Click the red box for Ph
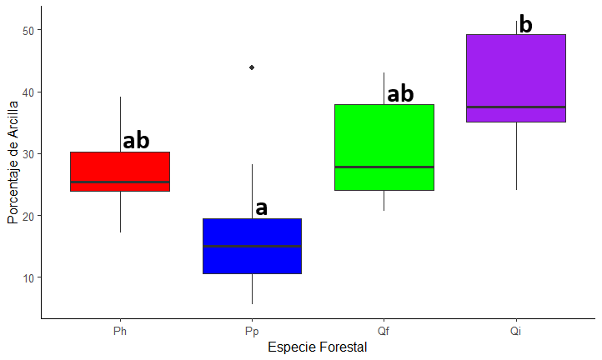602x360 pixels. pyautogui.click(x=120, y=172)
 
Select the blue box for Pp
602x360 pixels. pyautogui.click(x=252, y=246)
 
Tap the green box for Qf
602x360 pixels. pyautogui.click(x=384, y=147)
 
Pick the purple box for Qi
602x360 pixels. pyautogui.click(x=516, y=78)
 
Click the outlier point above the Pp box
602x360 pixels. pyautogui.click(x=252, y=67)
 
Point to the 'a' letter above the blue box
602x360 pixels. pyautogui.click(x=261, y=207)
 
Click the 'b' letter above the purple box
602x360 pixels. pyautogui.click(x=525, y=25)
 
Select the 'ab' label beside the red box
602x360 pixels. pyautogui.click(x=136, y=141)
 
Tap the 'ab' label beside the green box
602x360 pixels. pyautogui.click(x=400, y=94)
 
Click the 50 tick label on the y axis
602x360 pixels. pyautogui.click(x=27, y=31)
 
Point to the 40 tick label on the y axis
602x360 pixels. pyautogui.click(x=27, y=92)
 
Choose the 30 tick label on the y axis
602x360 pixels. pyautogui.click(x=27, y=154)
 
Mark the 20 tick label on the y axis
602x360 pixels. pyautogui.click(x=27, y=216)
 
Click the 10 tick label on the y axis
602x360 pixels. pyautogui.click(x=27, y=277)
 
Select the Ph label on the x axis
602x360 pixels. pyautogui.click(x=120, y=331)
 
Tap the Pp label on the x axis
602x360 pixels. pyautogui.click(x=252, y=331)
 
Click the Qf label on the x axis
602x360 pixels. pyautogui.click(x=384, y=331)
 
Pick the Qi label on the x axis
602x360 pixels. pyautogui.click(x=516, y=331)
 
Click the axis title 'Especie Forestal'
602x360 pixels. pyautogui.click(x=317, y=347)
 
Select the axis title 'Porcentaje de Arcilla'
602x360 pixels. pyautogui.click(x=13, y=162)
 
